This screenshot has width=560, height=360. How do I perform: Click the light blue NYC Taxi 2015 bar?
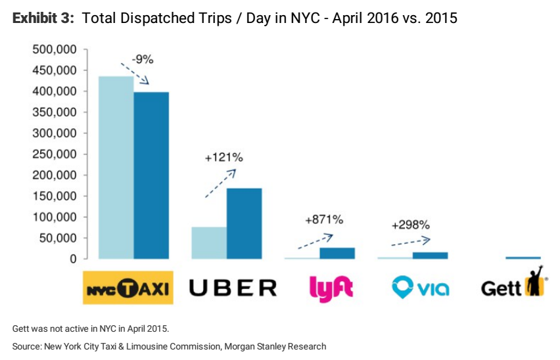[x=116, y=168]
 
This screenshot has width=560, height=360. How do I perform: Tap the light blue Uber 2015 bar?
[x=209, y=242]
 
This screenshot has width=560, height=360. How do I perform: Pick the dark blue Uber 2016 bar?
[x=245, y=223]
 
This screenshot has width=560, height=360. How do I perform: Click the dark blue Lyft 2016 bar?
[x=337, y=253]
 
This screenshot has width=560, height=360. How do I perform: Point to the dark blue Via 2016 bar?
[x=431, y=255]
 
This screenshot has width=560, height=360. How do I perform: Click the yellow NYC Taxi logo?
[x=128, y=287]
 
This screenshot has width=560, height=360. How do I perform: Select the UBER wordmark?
[x=233, y=288]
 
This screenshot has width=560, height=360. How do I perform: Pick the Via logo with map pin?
[x=420, y=287]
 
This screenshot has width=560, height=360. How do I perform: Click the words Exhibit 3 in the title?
[x=43, y=18]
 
